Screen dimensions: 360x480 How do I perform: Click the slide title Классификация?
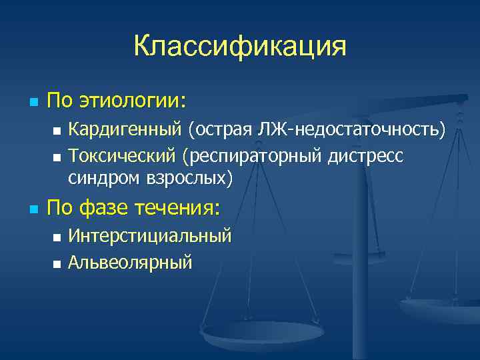[x=240, y=47]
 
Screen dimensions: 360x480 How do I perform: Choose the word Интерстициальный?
[x=151, y=236]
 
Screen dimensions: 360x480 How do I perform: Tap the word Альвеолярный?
[x=131, y=262]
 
